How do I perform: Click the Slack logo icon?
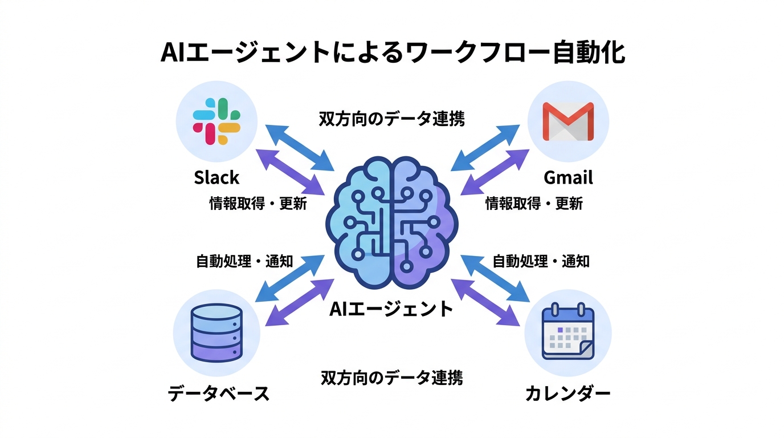coord(217,121)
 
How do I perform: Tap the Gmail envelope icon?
coord(567,121)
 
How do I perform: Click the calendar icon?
coord(567,333)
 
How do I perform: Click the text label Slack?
coord(217,177)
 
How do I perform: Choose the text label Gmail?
coord(568,177)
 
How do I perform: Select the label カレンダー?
coord(567,393)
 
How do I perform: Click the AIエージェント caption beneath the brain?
coord(391,309)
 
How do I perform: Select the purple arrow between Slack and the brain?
coord(291,172)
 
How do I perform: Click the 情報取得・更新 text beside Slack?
coord(258,204)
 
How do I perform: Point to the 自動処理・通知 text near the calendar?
coord(541,261)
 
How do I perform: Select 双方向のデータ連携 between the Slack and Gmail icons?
coord(391,119)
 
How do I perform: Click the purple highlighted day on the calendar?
coord(561,330)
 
